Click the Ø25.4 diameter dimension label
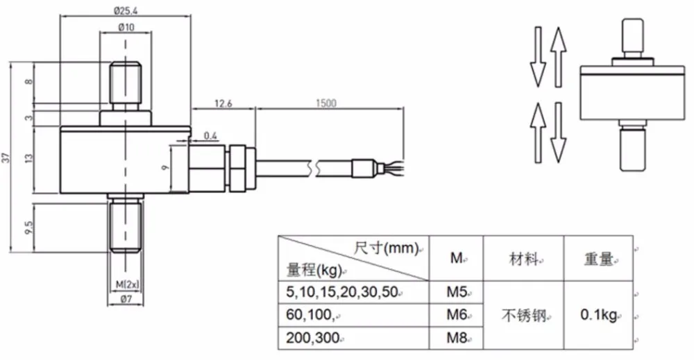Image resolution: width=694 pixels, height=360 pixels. click(x=125, y=9)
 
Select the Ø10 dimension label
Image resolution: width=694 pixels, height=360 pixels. click(x=126, y=27)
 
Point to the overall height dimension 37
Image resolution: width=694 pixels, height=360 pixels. click(x=6, y=157)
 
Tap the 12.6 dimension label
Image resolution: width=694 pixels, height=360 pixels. click(x=223, y=103)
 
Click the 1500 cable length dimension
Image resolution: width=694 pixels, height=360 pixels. click(x=326, y=103)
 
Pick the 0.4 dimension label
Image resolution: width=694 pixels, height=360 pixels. click(x=211, y=136)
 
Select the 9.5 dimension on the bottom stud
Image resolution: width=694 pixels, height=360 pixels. click(x=29, y=228)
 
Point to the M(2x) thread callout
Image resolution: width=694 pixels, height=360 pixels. click(x=127, y=284)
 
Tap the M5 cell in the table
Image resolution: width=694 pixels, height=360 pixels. click(x=457, y=292)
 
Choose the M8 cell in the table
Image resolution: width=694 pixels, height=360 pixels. click(x=457, y=338)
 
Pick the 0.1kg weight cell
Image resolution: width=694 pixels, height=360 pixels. click(x=598, y=316)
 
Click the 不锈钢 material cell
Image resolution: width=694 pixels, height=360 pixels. click(x=523, y=316)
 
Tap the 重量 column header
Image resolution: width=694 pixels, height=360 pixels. click(x=598, y=259)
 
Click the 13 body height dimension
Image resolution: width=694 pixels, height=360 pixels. click(x=29, y=157)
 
